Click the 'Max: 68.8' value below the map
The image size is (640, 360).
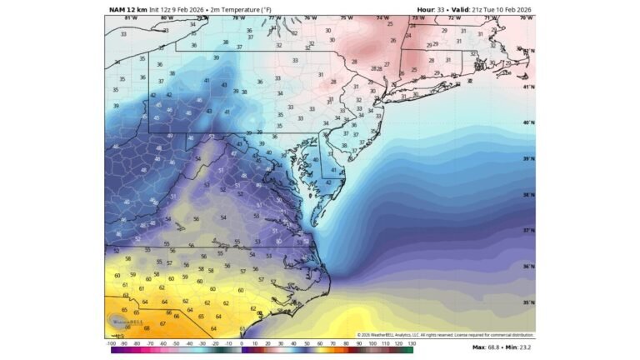487,347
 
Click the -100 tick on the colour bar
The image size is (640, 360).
111,342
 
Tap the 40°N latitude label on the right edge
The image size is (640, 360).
528,122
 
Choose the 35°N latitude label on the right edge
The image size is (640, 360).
528,302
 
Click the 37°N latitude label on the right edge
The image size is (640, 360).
528,231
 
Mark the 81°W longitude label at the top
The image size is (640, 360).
130,17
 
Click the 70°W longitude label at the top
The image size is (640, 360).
526,17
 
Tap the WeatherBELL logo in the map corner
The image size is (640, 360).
126,321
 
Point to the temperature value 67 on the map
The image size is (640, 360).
162,322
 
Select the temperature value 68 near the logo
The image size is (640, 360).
147,328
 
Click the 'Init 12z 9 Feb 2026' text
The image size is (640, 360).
177,9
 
